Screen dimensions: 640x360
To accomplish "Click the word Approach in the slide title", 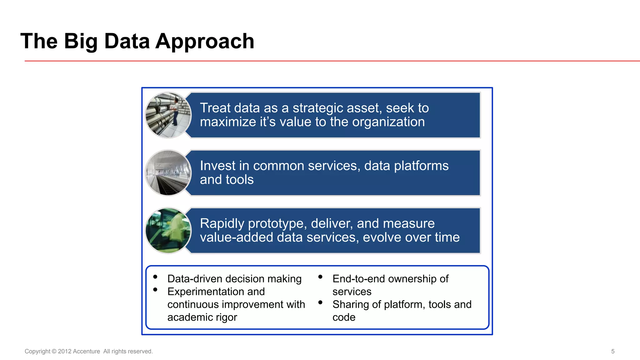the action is [x=205, y=41].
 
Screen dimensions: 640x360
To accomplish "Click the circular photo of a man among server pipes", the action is [x=168, y=115].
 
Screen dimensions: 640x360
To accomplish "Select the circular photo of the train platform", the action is [x=168, y=173].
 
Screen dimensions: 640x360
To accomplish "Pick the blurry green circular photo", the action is [x=168, y=231].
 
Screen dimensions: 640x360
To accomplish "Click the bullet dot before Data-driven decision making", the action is [x=155, y=277].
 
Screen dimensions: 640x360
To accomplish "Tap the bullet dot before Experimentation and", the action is [x=155, y=290].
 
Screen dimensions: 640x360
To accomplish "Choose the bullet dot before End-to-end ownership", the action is [x=320, y=277].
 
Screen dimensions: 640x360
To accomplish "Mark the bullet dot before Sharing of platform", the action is [x=320, y=302].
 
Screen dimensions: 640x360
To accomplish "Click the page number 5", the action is [x=613, y=351].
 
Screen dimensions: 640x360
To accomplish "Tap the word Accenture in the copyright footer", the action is [x=86, y=351].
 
